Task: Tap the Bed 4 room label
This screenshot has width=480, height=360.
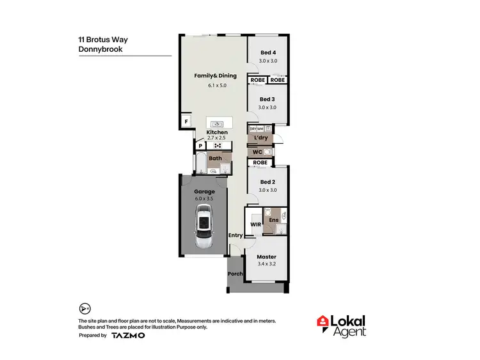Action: pos(268,53)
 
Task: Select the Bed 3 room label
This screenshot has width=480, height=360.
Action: pos(268,99)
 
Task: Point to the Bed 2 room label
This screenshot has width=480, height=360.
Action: pos(268,182)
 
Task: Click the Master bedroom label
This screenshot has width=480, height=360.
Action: pos(268,256)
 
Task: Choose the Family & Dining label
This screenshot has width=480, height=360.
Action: pos(216,75)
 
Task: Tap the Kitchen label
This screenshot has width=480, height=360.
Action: pos(217,132)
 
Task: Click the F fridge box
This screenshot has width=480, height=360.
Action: pos(186,121)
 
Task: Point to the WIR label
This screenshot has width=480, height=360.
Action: pos(255,224)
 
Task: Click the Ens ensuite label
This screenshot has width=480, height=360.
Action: pos(273,221)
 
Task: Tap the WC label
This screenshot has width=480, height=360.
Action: pos(257,152)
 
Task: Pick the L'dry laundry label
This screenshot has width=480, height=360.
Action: pos(260,138)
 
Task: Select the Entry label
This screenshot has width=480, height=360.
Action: pos(236,235)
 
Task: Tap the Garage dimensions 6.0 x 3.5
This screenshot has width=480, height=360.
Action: pos(205,199)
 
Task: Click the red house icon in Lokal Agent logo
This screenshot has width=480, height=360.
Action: pos(324,322)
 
